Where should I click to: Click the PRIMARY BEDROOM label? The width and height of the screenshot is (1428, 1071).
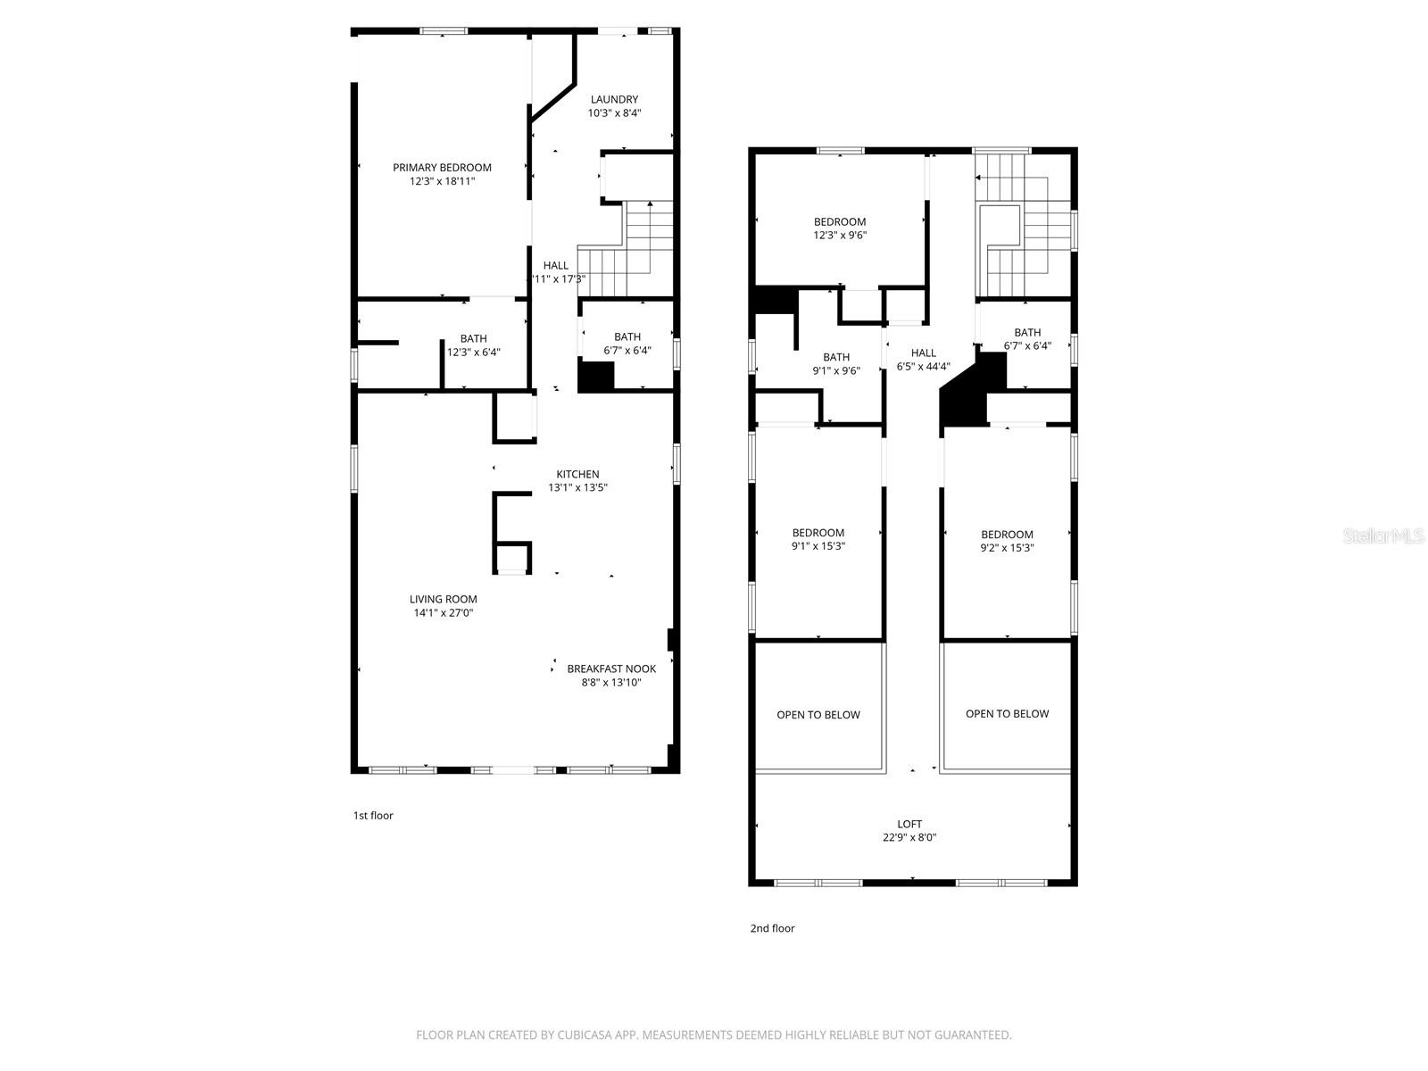click(x=442, y=168)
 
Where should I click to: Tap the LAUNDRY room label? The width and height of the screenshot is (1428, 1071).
click(x=614, y=99)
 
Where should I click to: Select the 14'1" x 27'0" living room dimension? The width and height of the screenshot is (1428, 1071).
click(x=442, y=613)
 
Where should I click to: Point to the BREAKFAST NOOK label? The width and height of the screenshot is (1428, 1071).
click(x=611, y=668)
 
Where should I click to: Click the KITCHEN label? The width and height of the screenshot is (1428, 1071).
click(x=577, y=474)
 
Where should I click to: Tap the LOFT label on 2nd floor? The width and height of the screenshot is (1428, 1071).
click(x=909, y=824)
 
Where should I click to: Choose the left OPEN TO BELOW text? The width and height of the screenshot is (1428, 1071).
click(x=818, y=715)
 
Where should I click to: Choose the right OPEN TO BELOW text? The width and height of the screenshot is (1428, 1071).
click(x=1007, y=714)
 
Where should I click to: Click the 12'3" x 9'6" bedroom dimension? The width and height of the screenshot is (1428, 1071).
click(x=840, y=236)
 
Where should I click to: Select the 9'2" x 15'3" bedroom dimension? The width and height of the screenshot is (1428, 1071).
click(x=1007, y=548)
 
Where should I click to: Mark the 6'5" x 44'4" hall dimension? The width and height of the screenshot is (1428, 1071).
click(x=923, y=366)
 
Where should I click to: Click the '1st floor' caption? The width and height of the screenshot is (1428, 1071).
click(x=373, y=815)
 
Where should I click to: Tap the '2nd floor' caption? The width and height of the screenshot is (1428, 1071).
click(x=772, y=928)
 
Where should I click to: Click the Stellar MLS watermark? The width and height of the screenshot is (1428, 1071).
click(x=1384, y=536)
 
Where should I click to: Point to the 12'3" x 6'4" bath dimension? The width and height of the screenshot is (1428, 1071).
click(x=473, y=352)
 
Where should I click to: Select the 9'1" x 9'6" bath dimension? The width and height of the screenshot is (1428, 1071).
click(x=836, y=370)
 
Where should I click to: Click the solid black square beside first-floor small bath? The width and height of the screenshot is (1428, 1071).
click(x=595, y=376)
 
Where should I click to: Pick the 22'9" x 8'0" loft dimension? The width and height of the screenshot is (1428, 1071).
click(x=909, y=837)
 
